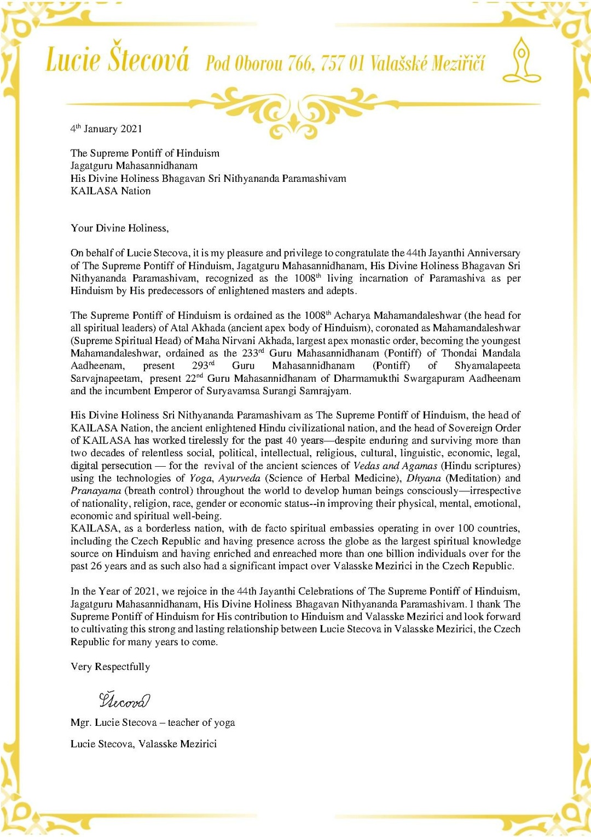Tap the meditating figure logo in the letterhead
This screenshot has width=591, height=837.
tap(522, 60)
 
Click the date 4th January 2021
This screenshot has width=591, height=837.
tap(106, 129)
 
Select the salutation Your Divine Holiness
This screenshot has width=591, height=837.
tap(119, 228)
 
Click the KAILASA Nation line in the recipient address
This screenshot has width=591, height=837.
tap(111, 191)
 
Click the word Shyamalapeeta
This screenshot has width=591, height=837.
tap(487, 365)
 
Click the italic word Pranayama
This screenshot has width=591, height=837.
tap(96, 490)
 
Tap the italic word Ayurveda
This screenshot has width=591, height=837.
tap(240, 478)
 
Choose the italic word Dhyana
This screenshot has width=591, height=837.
tap(423, 478)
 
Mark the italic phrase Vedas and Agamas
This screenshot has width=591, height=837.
tap(395, 466)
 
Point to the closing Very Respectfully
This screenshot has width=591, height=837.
tap(110, 667)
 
